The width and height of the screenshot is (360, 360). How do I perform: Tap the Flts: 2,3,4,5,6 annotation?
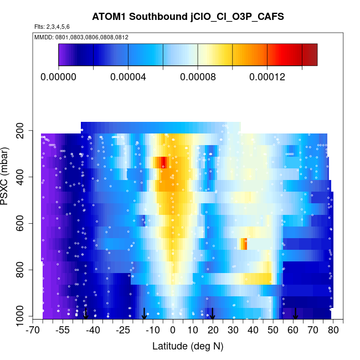click(52, 27)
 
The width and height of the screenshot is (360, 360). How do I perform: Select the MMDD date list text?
click(81, 37)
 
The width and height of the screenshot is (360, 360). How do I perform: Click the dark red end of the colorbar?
click(310, 54)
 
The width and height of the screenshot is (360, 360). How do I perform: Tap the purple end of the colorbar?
click(64, 54)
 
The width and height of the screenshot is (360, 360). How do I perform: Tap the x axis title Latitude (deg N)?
click(187, 346)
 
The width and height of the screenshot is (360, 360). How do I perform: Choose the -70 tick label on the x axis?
click(34, 331)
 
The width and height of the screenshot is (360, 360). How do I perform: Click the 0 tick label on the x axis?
click(173, 331)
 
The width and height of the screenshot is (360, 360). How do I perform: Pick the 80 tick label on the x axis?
click(333, 331)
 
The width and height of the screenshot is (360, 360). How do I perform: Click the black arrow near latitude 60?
click(295, 314)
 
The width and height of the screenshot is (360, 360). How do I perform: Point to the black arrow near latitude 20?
click(212, 314)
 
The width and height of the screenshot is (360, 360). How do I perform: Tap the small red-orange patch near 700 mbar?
click(243, 243)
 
